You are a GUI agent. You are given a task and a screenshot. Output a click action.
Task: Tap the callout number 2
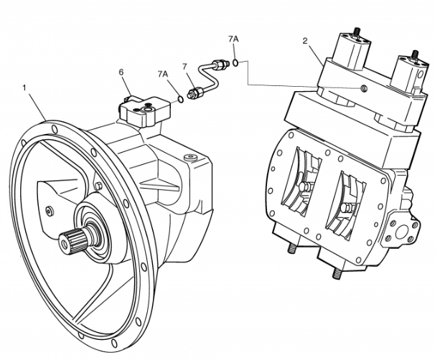click(304, 41)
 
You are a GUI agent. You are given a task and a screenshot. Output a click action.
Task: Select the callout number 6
click(121, 72)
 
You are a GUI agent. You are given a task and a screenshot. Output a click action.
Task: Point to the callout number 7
click(185, 67)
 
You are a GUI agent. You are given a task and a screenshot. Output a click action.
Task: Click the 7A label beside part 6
click(163, 74)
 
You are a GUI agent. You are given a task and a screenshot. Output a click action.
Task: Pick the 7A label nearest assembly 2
click(233, 37)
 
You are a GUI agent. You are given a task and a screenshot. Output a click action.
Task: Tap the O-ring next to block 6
click(178, 97)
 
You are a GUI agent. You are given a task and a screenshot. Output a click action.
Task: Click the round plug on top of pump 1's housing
click(189, 157)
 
